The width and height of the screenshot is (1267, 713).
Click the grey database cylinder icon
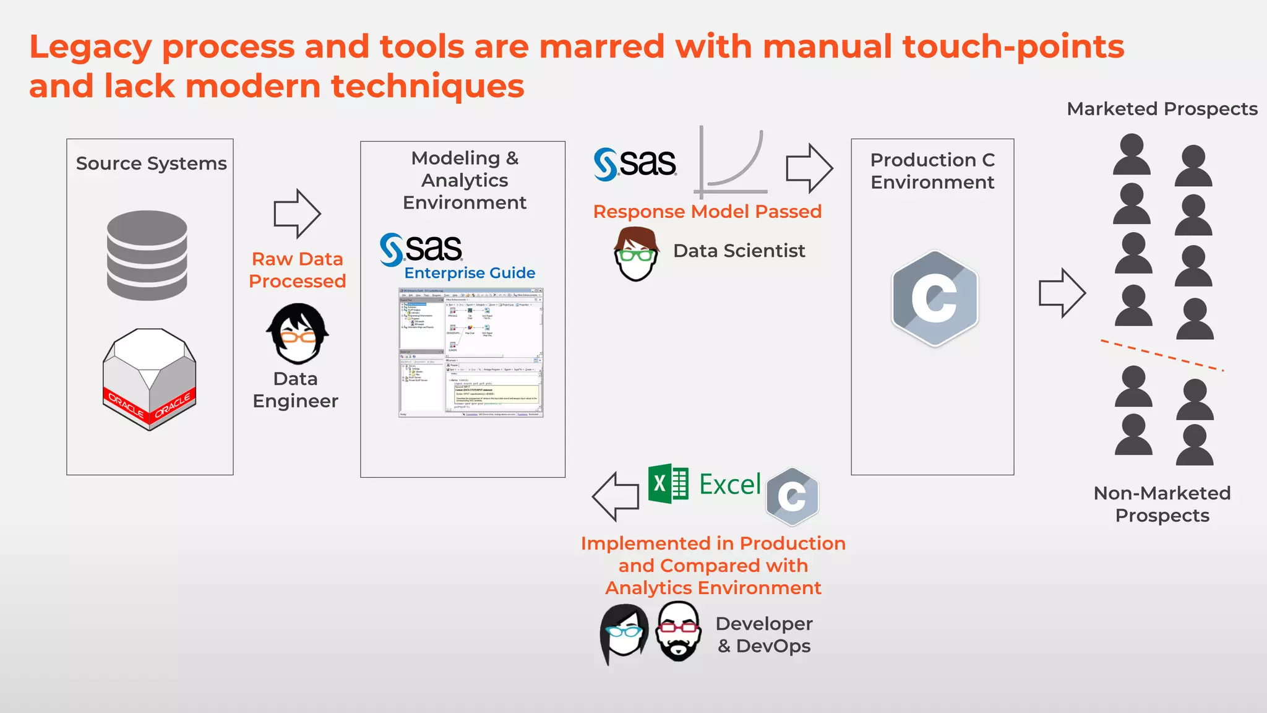coord(147,256)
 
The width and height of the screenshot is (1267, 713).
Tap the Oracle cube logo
coord(149,379)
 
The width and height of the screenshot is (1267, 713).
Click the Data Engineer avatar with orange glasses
coord(298,334)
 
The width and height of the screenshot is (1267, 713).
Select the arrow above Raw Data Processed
coord(297,214)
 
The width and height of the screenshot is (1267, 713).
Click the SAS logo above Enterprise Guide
coord(421,249)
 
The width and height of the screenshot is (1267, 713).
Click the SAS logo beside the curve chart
coord(635,164)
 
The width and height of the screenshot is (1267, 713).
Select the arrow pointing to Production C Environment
coord(809,168)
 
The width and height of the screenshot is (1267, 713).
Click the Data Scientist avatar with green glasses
coord(636,254)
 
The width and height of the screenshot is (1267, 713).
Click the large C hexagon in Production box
coord(935,298)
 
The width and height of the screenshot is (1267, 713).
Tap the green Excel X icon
coord(668,483)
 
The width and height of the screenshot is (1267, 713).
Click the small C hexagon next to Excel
coord(792,496)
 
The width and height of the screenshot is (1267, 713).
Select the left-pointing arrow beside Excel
coord(616,496)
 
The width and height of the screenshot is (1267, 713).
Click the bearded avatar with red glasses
coord(679,631)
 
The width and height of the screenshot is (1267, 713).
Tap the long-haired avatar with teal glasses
coord(624,633)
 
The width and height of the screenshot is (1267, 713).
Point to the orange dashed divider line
coord(1162,355)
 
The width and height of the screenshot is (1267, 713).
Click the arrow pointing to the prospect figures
coord(1062,293)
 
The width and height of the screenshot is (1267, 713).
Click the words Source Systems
coord(152,163)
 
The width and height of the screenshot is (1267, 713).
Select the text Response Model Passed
coord(707,212)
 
